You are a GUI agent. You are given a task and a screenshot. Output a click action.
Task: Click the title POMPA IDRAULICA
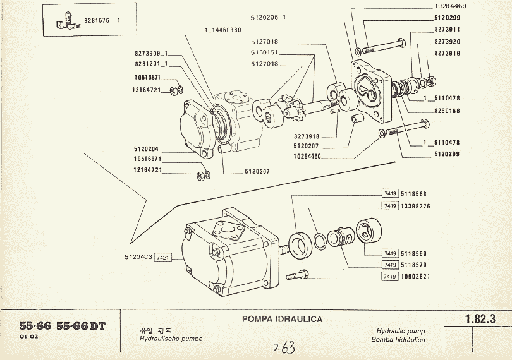click(283, 318)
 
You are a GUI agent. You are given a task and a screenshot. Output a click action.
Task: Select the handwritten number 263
click(284, 347)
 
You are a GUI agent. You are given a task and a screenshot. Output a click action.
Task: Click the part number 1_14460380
click(222, 30)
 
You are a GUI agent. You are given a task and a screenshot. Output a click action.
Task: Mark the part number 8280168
click(447, 111)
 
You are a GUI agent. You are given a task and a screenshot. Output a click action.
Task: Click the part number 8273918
click(308, 136)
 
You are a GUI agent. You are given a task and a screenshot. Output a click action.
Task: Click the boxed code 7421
click(164, 258)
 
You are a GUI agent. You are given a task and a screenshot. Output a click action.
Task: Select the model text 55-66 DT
click(81, 326)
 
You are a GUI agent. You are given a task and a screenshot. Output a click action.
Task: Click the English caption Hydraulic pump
click(400, 331)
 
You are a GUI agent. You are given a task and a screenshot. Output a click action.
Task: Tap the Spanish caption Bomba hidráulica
click(400, 339)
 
